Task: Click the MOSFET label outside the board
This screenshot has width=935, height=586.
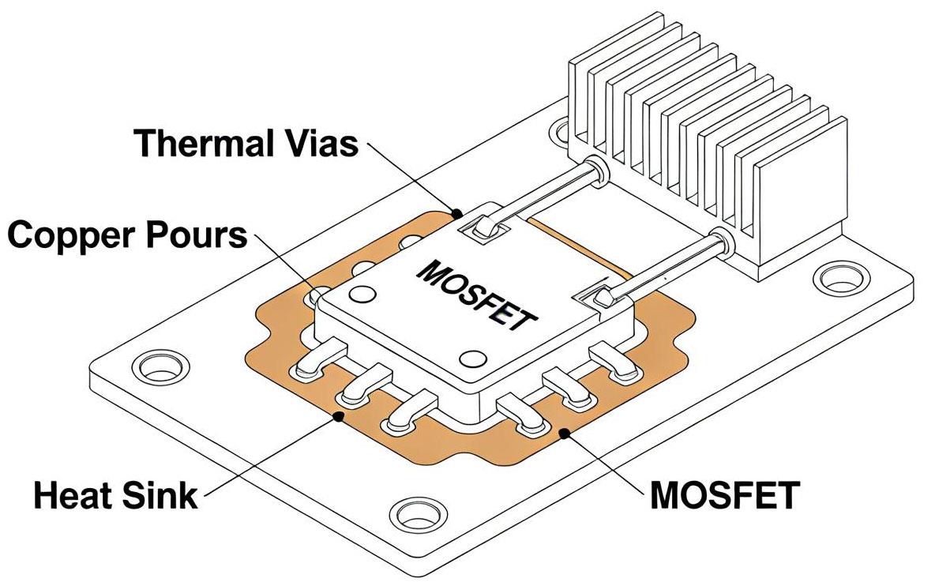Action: [723, 495]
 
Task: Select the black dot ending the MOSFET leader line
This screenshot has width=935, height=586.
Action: [564, 432]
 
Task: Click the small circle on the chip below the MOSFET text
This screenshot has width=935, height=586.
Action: [471, 359]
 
